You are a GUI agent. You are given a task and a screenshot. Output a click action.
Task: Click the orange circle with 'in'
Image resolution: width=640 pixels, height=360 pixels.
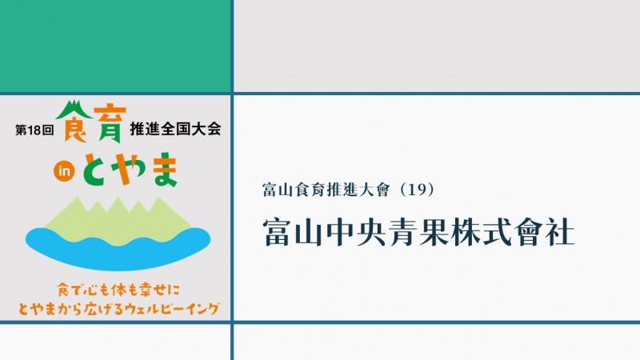[x=64, y=171]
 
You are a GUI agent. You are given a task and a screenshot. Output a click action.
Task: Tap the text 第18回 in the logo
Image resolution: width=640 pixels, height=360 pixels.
[x=34, y=130]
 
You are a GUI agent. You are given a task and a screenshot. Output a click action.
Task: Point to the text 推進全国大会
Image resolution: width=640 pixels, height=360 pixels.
[x=175, y=129]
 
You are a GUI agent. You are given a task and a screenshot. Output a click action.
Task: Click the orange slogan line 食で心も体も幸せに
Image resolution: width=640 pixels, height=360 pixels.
[x=118, y=290]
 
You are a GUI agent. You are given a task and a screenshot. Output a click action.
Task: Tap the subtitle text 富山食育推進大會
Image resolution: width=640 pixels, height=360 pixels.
[x=326, y=190]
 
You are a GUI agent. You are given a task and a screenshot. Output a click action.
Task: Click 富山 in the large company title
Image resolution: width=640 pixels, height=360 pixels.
[x=294, y=233]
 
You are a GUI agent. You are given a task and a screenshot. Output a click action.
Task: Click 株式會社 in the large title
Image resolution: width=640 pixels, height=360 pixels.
[x=512, y=233]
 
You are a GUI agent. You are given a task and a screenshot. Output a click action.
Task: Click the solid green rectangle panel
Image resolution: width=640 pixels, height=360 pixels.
[x=115, y=46]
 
